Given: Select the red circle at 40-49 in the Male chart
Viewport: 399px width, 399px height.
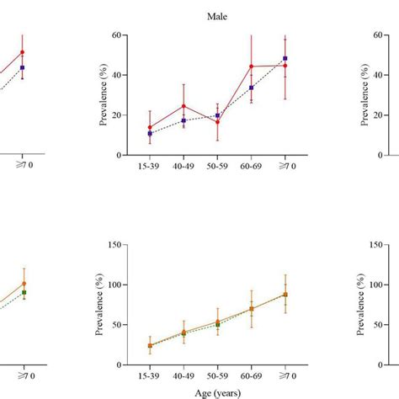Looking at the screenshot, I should coord(184,106).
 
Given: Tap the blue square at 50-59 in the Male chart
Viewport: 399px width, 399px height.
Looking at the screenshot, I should coord(217,115).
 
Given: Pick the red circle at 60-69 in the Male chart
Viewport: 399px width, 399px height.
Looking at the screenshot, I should coord(251,66).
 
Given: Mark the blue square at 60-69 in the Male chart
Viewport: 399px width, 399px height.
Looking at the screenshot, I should coord(251,88).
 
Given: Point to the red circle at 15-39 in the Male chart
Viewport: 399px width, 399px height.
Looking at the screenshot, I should coord(150,128).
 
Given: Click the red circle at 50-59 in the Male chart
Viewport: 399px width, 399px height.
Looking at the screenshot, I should coord(217,122).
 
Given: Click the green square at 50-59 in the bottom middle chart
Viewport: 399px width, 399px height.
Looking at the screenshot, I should coord(217,324).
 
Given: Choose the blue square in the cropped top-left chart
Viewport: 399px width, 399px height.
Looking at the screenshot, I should coord(23,67).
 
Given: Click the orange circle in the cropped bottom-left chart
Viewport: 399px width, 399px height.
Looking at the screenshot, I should coord(24,284).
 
